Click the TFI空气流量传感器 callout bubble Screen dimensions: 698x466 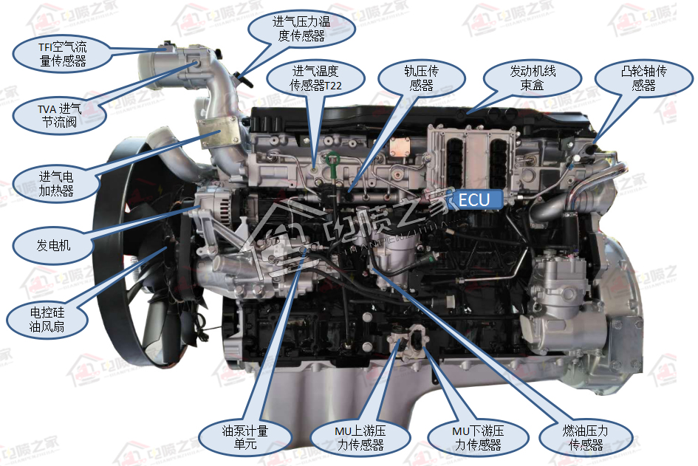(x=62, y=54)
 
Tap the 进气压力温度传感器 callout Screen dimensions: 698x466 (x=301, y=29)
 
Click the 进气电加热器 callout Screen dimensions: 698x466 (x=56, y=184)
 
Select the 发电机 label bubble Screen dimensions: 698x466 (x=53, y=245)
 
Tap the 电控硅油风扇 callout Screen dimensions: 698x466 (x=47, y=320)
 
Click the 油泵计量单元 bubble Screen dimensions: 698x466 (x=244, y=437)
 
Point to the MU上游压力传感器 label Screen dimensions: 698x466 (x=360, y=437)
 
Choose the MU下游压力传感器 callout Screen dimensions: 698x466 (x=478, y=437)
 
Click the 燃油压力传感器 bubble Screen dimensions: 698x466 (x=586, y=437)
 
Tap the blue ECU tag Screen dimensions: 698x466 (x=474, y=200)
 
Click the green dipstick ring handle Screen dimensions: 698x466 (x=332, y=159)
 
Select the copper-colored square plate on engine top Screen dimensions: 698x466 (x=400, y=147)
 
